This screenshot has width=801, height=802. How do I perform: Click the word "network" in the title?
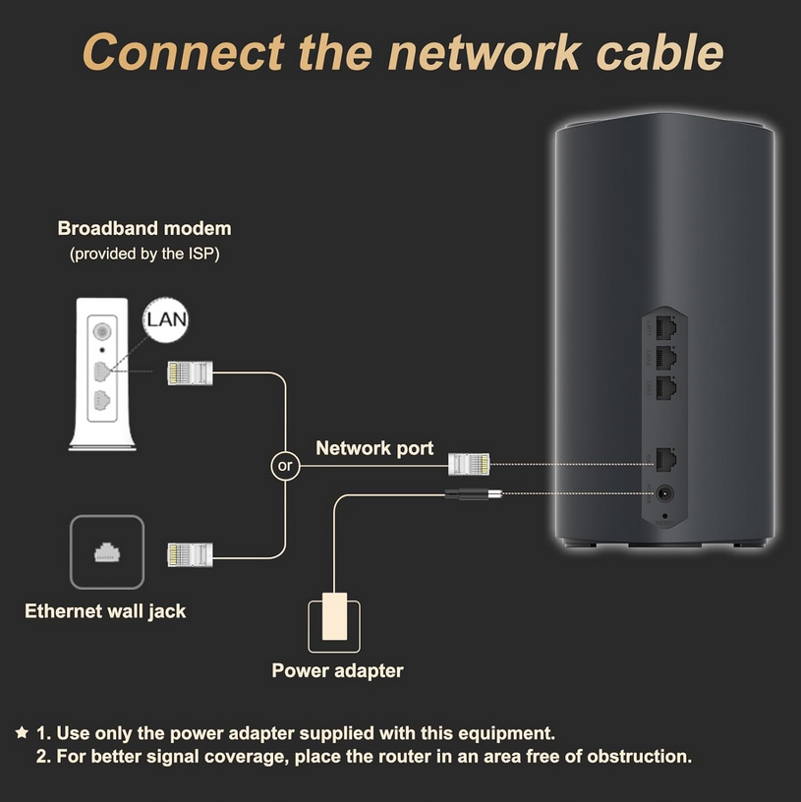coord(484,53)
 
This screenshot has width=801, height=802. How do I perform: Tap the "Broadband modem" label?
coord(144,228)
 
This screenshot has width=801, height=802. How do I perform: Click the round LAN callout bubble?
coord(166,319)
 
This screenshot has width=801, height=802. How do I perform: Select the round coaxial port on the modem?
coord(102,332)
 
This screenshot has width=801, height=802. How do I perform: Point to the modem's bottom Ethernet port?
coord(102,400)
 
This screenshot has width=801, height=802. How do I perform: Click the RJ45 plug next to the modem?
coord(190,372)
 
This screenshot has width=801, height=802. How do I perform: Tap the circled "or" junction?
coord(285,466)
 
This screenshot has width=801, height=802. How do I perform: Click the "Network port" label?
coord(374,448)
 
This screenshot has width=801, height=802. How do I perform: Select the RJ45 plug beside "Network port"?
coord(469,465)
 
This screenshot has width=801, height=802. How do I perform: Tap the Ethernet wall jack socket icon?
coord(107,552)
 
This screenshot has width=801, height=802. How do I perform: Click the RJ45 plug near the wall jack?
coord(190,555)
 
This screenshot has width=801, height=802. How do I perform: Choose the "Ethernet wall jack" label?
coord(105,611)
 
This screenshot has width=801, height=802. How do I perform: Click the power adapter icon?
coord(334,623)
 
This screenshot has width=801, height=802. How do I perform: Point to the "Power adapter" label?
coord(337,670)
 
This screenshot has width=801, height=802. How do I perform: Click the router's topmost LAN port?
coord(666,327)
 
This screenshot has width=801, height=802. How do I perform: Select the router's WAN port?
coord(666,459)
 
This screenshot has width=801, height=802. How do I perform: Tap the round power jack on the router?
coord(664,493)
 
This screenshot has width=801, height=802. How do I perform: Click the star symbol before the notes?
coord(22,732)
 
